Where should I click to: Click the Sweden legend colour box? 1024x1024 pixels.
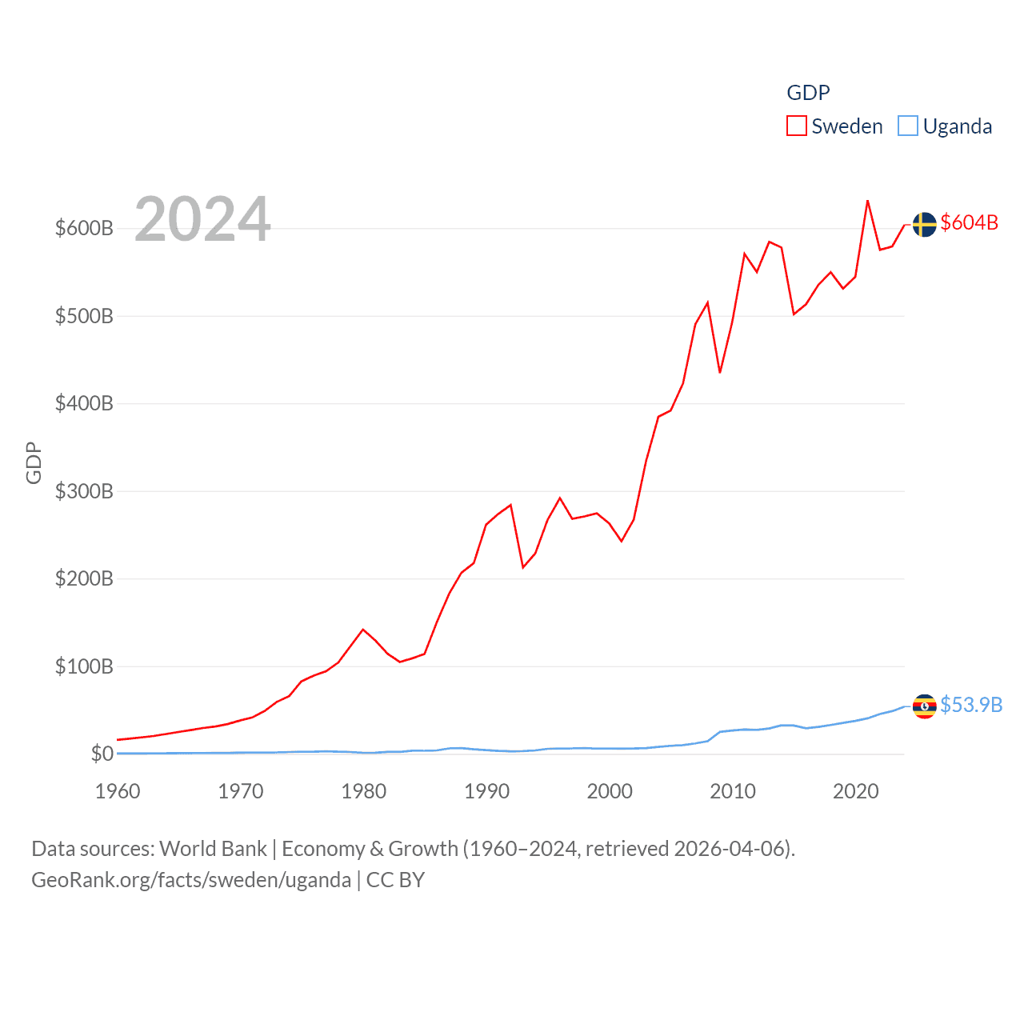[x=796, y=126]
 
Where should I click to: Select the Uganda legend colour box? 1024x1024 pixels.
[x=907, y=126]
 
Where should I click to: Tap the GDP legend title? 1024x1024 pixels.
[x=808, y=93]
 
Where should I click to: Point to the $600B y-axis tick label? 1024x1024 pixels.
[x=84, y=228]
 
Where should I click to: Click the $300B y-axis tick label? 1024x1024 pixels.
[x=84, y=491]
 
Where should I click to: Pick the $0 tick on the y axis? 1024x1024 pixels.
[x=102, y=754]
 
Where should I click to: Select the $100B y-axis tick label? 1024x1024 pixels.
[x=84, y=666]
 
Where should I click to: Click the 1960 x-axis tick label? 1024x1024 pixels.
[x=118, y=791]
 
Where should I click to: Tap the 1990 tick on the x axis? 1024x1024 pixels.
[x=486, y=791]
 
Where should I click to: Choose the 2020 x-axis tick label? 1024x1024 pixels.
[x=855, y=791]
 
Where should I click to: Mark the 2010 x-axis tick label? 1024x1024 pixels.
[x=733, y=791]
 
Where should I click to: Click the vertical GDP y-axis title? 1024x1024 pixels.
[x=34, y=462]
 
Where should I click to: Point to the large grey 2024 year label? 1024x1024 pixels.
[x=202, y=219]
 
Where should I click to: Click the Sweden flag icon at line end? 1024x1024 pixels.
[x=924, y=225]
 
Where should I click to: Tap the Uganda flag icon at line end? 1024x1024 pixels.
[x=924, y=706]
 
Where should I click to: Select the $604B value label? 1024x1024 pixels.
[x=969, y=222]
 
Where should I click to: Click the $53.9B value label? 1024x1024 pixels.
[x=970, y=705]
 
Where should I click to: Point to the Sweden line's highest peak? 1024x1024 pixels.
[x=867, y=201]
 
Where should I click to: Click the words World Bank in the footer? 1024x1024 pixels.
[x=213, y=848]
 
